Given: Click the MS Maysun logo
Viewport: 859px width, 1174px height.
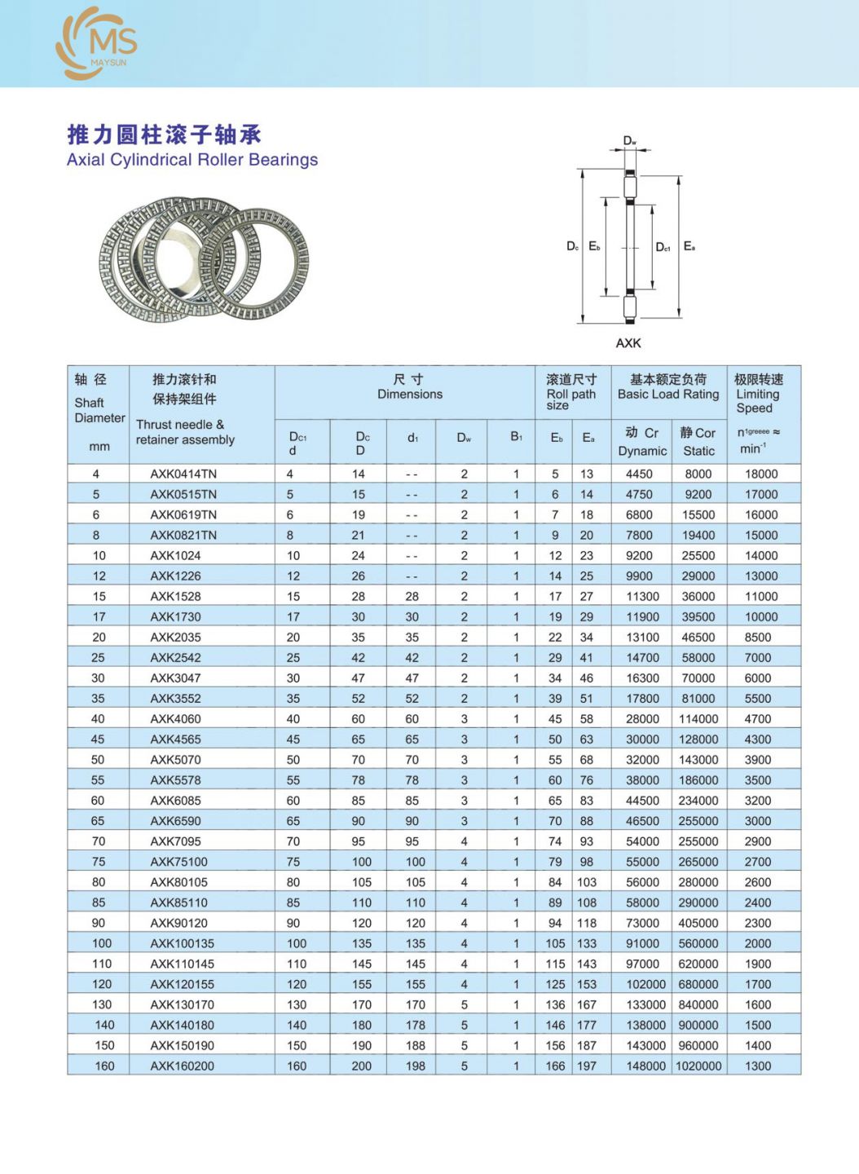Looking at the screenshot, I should [x=96, y=42].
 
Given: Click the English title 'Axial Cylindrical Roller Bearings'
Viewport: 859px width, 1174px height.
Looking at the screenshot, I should [x=192, y=160].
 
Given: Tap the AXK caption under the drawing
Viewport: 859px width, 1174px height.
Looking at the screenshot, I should [x=628, y=343].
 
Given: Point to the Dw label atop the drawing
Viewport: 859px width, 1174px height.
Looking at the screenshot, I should [x=630, y=141].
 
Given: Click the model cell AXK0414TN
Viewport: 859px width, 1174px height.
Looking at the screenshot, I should [x=183, y=474].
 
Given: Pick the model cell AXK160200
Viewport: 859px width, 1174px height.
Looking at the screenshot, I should [x=182, y=1066].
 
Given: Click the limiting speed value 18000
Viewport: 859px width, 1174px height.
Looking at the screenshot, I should [x=761, y=474].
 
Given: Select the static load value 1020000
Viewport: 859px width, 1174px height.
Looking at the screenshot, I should [x=698, y=1066].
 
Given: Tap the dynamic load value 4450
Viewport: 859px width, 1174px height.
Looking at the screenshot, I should [x=639, y=474].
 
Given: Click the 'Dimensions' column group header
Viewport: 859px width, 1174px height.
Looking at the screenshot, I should [x=409, y=395].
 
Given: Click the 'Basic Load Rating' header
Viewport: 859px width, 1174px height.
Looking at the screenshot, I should [x=668, y=395].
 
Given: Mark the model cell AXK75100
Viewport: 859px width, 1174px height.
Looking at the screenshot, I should [x=178, y=862].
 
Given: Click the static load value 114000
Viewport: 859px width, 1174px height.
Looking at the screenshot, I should [x=698, y=719].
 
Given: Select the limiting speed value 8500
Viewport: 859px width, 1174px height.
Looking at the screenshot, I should [x=758, y=638].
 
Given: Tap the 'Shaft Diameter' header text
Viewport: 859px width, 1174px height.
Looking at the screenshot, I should [x=99, y=410].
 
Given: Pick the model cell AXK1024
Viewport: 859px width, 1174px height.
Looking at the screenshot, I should [x=175, y=555].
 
